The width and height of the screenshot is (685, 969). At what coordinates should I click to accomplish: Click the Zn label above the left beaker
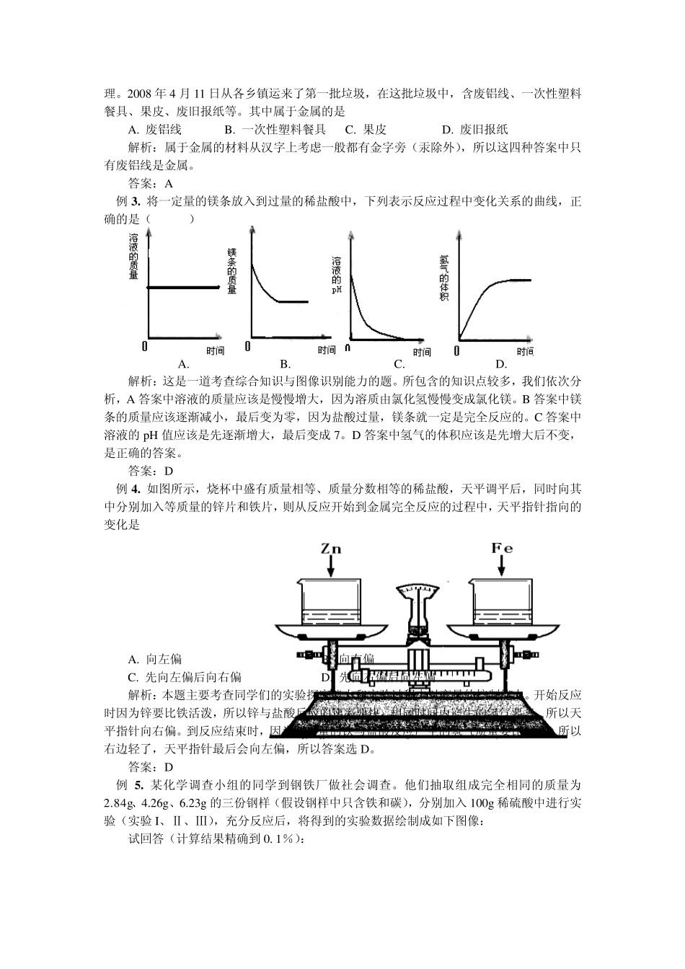(x=331, y=549)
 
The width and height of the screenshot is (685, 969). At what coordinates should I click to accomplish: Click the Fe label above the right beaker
(x=502, y=548)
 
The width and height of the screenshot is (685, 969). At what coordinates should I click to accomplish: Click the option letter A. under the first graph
(x=183, y=364)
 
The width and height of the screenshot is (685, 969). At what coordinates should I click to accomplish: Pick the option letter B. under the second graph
(x=286, y=364)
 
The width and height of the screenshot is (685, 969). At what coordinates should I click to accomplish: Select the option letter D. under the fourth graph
(x=501, y=364)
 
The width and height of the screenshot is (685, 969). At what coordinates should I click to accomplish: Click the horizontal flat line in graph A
(x=183, y=288)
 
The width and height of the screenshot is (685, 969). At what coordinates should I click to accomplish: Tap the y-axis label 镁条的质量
(x=232, y=271)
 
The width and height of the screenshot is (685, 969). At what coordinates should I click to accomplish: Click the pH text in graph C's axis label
(x=337, y=290)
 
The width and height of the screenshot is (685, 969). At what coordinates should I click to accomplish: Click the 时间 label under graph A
(x=214, y=351)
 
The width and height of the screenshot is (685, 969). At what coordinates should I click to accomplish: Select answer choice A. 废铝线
(x=154, y=130)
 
